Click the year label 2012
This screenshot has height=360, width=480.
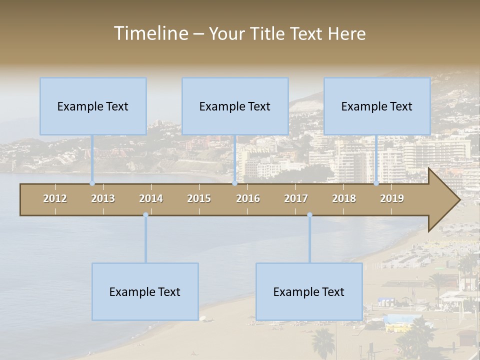(x=55, y=198)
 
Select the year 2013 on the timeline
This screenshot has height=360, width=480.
(x=103, y=198)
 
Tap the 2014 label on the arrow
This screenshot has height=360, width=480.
(x=151, y=198)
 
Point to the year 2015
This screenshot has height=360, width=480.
(x=199, y=198)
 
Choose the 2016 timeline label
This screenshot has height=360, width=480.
(x=248, y=198)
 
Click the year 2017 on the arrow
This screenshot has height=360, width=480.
(x=296, y=198)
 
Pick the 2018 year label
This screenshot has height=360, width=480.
(x=344, y=198)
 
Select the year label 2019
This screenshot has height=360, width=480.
(x=392, y=198)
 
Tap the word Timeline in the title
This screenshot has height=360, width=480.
(x=149, y=33)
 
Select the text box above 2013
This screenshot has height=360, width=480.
(x=93, y=106)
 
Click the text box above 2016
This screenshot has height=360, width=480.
(x=235, y=106)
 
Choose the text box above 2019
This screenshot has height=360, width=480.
(x=377, y=106)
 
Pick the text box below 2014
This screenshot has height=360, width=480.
(x=145, y=291)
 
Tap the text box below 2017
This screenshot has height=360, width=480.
(x=309, y=291)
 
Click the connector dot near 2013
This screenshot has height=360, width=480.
(x=92, y=183)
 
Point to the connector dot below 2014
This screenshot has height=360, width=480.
(x=145, y=215)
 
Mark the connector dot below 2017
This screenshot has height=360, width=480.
(x=309, y=215)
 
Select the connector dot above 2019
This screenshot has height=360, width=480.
(x=376, y=183)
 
